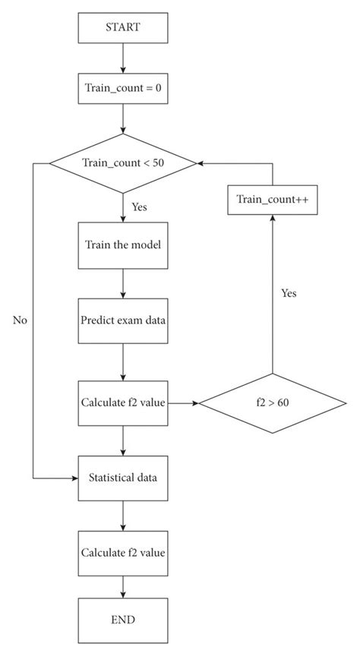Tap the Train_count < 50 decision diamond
coord(122,163)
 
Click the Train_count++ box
coord(271,199)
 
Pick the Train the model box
coord(122,245)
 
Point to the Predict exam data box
coord(122,319)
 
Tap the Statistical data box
coord(122,478)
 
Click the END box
coord(122,620)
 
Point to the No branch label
coord(20,320)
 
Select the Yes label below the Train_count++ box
coord(289,293)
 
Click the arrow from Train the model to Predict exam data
coord(122,282)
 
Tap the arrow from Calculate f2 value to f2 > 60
coord(182,402)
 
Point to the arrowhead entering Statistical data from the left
coord(74,478)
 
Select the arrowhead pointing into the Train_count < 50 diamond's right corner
coord(201,163)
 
